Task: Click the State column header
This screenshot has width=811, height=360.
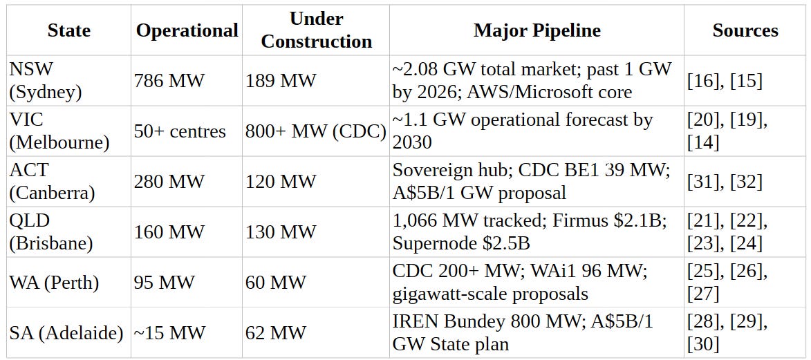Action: [x=68, y=30]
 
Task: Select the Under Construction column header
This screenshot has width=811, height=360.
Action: [x=317, y=30]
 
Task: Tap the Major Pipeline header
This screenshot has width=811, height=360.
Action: [x=537, y=30]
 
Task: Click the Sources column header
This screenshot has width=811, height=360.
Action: [x=745, y=30]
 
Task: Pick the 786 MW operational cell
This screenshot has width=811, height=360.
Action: [x=169, y=81]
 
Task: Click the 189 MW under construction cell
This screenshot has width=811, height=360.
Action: [x=280, y=81]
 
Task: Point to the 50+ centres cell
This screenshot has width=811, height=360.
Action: [x=180, y=131]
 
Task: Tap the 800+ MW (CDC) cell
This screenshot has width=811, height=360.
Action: [x=315, y=131]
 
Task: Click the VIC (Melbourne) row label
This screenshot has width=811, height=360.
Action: [x=59, y=131]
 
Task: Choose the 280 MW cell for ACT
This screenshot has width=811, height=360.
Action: [x=169, y=182]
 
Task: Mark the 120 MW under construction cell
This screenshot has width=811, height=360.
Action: [x=280, y=182]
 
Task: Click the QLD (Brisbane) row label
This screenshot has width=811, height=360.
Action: [x=50, y=232]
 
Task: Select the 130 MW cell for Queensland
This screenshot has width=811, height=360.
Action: [x=280, y=232]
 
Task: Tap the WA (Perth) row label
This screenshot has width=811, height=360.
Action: [x=55, y=283]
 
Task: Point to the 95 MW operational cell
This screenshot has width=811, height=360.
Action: [x=165, y=283]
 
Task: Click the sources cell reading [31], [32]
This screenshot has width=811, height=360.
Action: [x=725, y=182]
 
